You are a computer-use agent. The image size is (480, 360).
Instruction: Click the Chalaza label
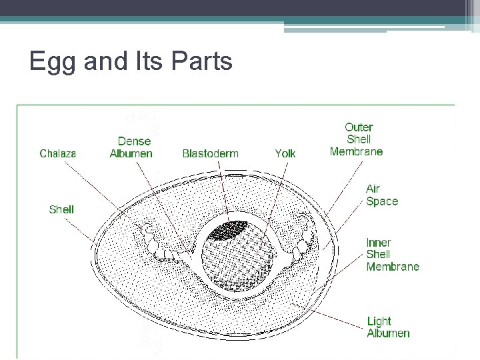tap(58, 153)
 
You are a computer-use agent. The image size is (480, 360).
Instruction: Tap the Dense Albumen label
tap(131, 147)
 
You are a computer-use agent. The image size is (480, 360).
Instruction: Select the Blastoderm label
tap(210, 153)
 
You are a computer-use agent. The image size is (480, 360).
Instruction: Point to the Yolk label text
tap(285, 153)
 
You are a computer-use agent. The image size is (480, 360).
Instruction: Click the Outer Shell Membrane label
tap(357, 139)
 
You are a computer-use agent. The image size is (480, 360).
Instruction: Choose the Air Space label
tap(382, 195)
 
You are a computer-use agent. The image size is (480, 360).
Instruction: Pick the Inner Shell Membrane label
tap(393, 255)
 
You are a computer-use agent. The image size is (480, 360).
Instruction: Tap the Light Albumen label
tap(388, 327)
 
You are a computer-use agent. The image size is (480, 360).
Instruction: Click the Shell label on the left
tap(61, 209)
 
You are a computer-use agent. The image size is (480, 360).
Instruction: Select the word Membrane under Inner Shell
tap(393, 267)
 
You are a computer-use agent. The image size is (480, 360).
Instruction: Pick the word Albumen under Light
tap(388, 333)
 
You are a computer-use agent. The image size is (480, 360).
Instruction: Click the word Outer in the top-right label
tap(359, 127)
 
